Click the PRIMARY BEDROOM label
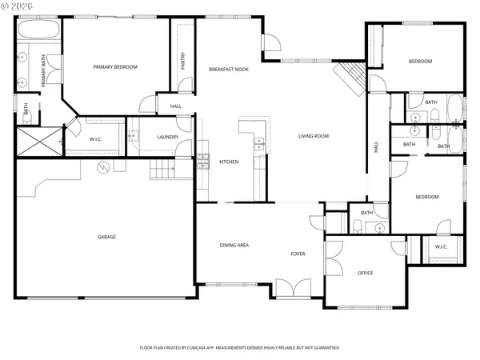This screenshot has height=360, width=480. [115, 67]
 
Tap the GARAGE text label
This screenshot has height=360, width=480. [107, 237]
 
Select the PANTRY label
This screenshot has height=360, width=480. [183, 60]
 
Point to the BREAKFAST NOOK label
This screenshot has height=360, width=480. [228, 70]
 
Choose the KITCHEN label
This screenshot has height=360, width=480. [229, 162]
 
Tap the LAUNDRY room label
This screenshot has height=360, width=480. [167, 137]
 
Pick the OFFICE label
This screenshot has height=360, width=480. [365, 273]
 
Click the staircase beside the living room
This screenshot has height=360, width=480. [350, 77]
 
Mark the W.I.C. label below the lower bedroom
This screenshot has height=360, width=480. [442, 246]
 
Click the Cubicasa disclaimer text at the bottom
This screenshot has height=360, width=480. [240, 348]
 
